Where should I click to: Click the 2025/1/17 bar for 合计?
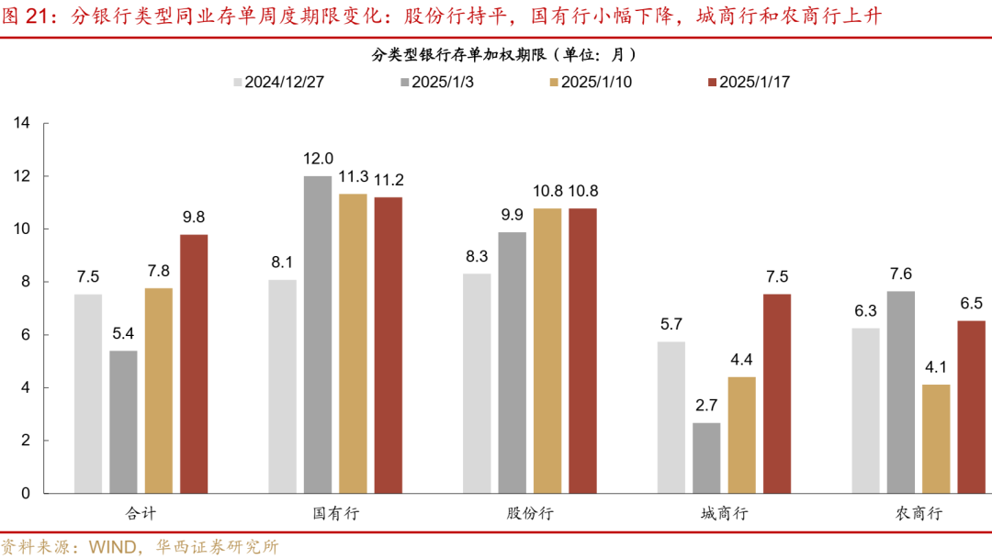click(x=194, y=363)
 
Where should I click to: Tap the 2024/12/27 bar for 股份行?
click(x=476, y=383)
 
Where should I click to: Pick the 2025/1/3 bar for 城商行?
click(x=706, y=457)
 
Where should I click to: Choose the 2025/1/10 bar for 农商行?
click(x=936, y=439)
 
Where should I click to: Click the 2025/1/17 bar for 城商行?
click(x=776, y=393)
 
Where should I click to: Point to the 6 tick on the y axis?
click(x=26, y=335)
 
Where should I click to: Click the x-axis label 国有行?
click(x=335, y=513)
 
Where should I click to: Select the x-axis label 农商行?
click(x=919, y=513)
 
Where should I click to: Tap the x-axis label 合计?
click(x=141, y=513)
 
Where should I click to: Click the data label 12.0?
click(x=320, y=158)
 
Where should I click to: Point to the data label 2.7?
click(x=705, y=405)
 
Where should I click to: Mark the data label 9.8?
click(x=194, y=217)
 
